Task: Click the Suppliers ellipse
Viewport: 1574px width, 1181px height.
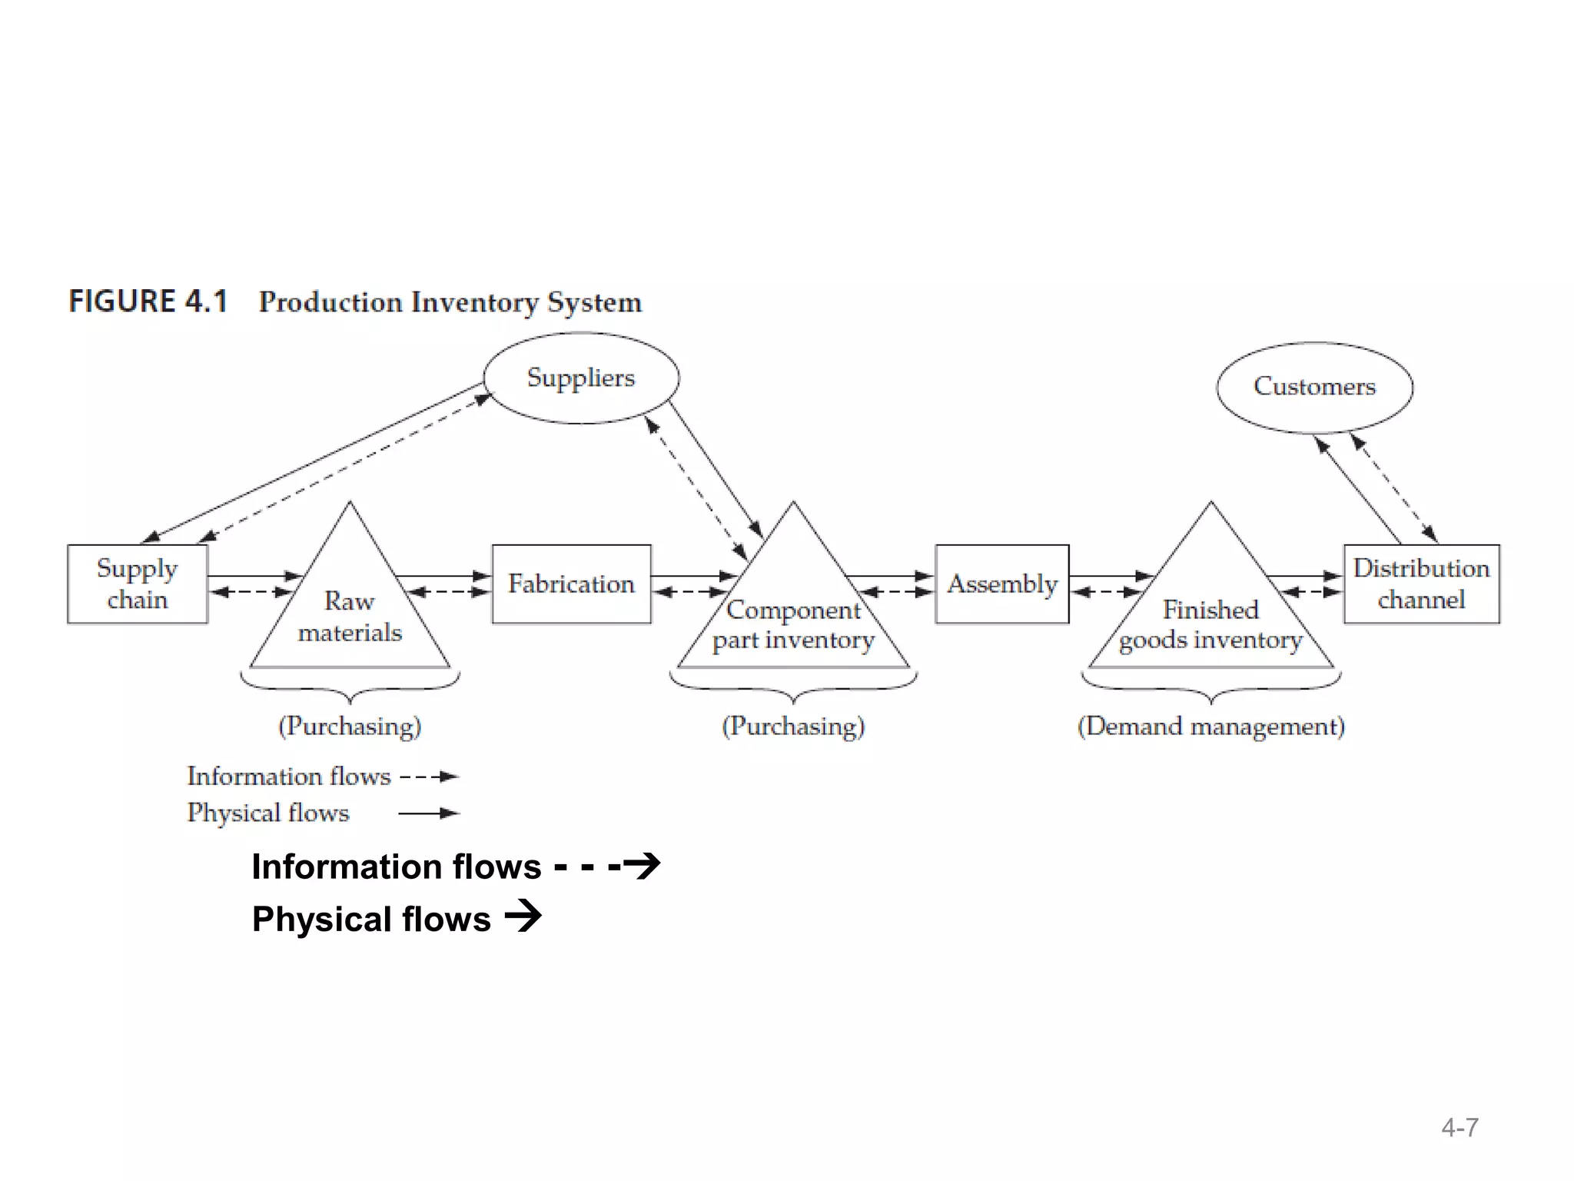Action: coord(581,378)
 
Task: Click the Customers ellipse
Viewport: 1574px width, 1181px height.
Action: coord(1314,387)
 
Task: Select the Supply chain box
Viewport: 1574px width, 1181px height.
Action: coord(138,584)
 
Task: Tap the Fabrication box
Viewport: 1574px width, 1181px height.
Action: coord(571,584)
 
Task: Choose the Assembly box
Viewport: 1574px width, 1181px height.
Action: coord(1001,584)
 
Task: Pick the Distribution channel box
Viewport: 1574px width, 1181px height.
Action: coord(1421,584)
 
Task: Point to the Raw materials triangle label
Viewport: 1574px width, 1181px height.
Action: coord(350,616)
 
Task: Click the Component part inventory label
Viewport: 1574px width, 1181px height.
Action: coord(793,624)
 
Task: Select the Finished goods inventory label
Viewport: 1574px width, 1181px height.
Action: coord(1210,624)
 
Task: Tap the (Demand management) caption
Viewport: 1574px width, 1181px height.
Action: coord(1210,726)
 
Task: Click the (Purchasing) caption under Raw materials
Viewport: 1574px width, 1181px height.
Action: coord(350,726)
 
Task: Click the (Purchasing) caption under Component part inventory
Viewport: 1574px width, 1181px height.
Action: coord(793,726)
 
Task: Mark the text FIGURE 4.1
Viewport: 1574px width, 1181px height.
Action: coord(148,301)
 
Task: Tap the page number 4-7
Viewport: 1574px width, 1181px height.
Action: coord(1459,1127)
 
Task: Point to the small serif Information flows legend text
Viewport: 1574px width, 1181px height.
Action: coord(289,776)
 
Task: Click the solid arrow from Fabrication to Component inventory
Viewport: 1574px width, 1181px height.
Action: coord(694,575)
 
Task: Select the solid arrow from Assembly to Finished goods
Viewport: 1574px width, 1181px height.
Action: coord(1110,575)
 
